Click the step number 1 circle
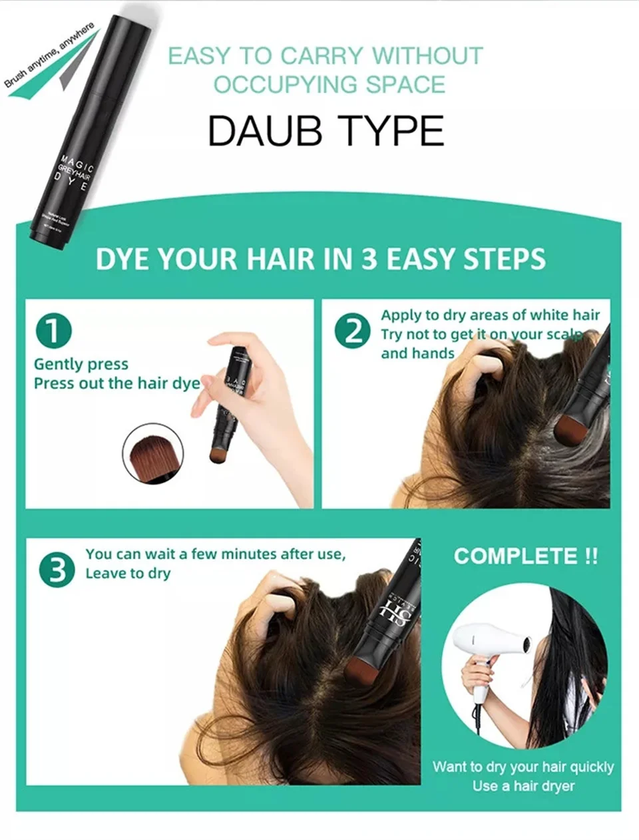[53, 331]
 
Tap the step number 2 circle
[352, 331]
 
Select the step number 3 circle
[57, 570]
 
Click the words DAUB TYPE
[325, 131]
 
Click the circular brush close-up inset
[152, 453]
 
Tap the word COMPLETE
[516, 556]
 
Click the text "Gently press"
[81, 364]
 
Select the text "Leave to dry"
[128, 573]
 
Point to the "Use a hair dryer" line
[523, 786]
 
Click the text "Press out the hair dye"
[116, 383]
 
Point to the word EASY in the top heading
[200, 56]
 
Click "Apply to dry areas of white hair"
[490, 315]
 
